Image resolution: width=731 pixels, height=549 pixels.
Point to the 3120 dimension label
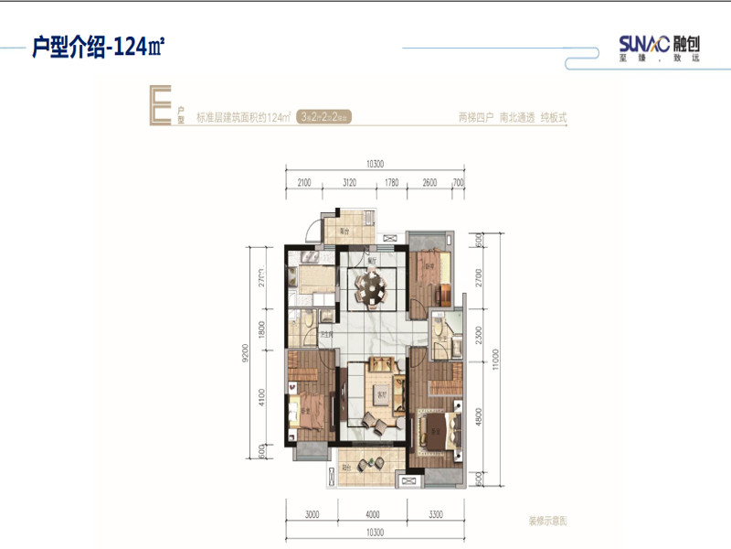pos(348,183)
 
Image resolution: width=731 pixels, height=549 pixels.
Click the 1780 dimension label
pos(391,183)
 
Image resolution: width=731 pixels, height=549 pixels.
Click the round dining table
pos(373,290)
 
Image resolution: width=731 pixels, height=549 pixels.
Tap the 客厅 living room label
pos(377,394)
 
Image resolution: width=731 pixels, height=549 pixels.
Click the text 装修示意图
pos(548,520)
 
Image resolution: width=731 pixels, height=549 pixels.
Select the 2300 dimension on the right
pos(479,335)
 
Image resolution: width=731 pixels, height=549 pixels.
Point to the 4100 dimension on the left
pos(262,396)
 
